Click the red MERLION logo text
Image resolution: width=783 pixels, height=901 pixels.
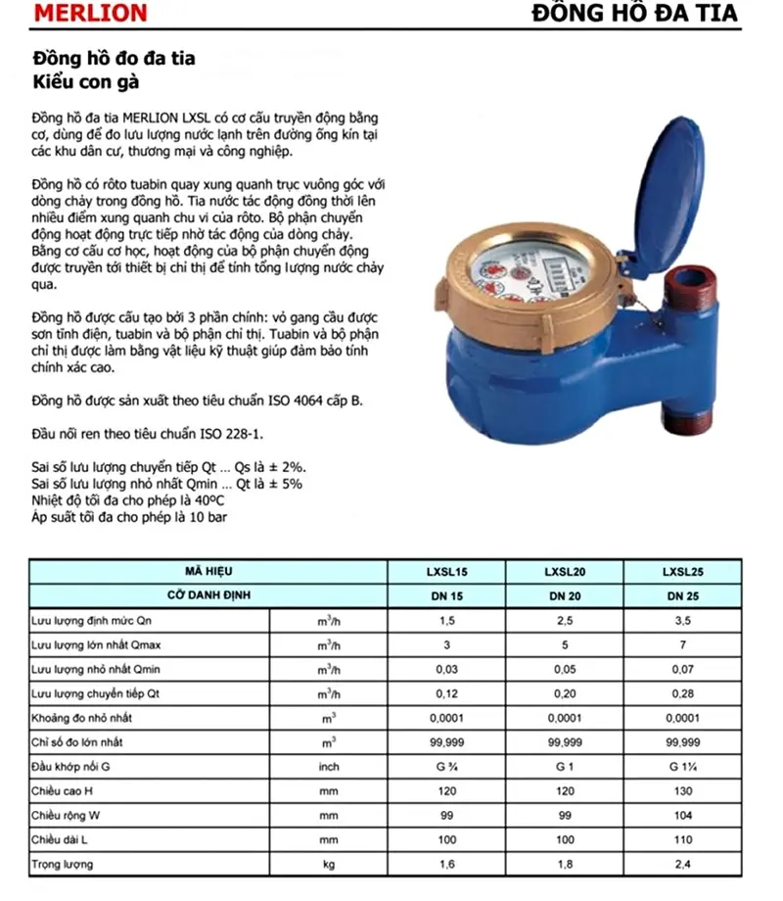pyautogui.click(x=89, y=14)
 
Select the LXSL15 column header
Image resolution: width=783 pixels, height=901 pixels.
pyautogui.click(x=446, y=571)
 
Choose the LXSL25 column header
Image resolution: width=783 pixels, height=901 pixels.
pyautogui.click(x=682, y=571)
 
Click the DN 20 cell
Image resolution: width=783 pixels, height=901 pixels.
pyautogui.click(x=565, y=595)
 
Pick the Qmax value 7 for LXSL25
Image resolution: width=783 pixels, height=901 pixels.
pyautogui.click(x=682, y=645)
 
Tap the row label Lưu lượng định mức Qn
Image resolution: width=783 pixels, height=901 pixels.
pyautogui.click(x=92, y=621)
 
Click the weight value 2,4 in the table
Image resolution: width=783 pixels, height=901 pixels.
pyautogui.click(x=682, y=865)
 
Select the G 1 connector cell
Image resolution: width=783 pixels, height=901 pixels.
pyautogui.click(x=565, y=767)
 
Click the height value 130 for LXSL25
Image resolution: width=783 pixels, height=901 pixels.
pyautogui.click(x=682, y=791)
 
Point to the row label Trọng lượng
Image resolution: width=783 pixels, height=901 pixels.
pyautogui.click(x=63, y=865)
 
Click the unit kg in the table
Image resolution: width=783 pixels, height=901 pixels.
pyautogui.click(x=328, y=865)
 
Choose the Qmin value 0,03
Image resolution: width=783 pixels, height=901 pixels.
pyautogui.click(x=446, y=670)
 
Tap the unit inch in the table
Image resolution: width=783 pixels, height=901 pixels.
pyautogui.click(x=328, y=767)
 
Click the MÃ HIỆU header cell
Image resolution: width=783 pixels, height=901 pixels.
pyautogui.click(x=207, y=571)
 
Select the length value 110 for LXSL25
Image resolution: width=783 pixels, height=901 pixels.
pyautogui.click(x=682, y=840)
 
